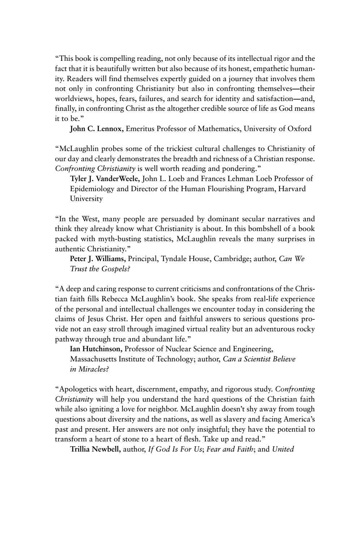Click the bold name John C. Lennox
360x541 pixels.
(97, 129)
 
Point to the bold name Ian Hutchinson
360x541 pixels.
(96, 349)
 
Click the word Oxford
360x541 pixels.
(299, 129)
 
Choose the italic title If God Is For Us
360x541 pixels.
(175, 450)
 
